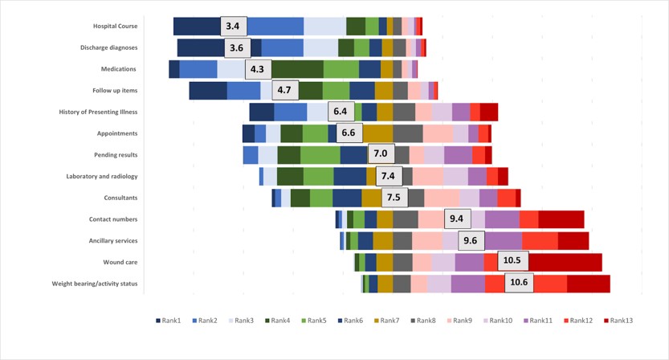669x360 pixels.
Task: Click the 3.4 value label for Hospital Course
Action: [x=233, y=27]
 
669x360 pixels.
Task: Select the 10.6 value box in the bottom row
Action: [x=519, y=283]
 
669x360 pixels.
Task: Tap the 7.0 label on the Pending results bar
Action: [x=381, y=154]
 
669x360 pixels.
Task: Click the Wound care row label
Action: [x=120, y=262]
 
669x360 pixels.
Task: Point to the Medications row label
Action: [x=118, y=69]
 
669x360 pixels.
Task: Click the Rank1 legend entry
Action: [x=169, y=321]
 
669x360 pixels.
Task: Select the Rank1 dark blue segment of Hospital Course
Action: [x=197, y=27]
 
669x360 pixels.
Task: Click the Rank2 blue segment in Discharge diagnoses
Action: [x=282, y=47]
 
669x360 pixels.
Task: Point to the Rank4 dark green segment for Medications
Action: [x=298, y=69]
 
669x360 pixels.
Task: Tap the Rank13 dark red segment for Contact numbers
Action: [x=561, y=219]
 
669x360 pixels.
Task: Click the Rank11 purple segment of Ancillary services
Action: [x=504, y=240]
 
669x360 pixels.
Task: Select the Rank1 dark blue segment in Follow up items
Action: [x=208, y=90]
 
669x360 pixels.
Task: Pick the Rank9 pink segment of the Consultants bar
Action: [x=442, y=198]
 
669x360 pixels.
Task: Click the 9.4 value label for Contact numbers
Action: [x=457, y=219]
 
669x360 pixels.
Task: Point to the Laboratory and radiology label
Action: [x=102, y=176]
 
